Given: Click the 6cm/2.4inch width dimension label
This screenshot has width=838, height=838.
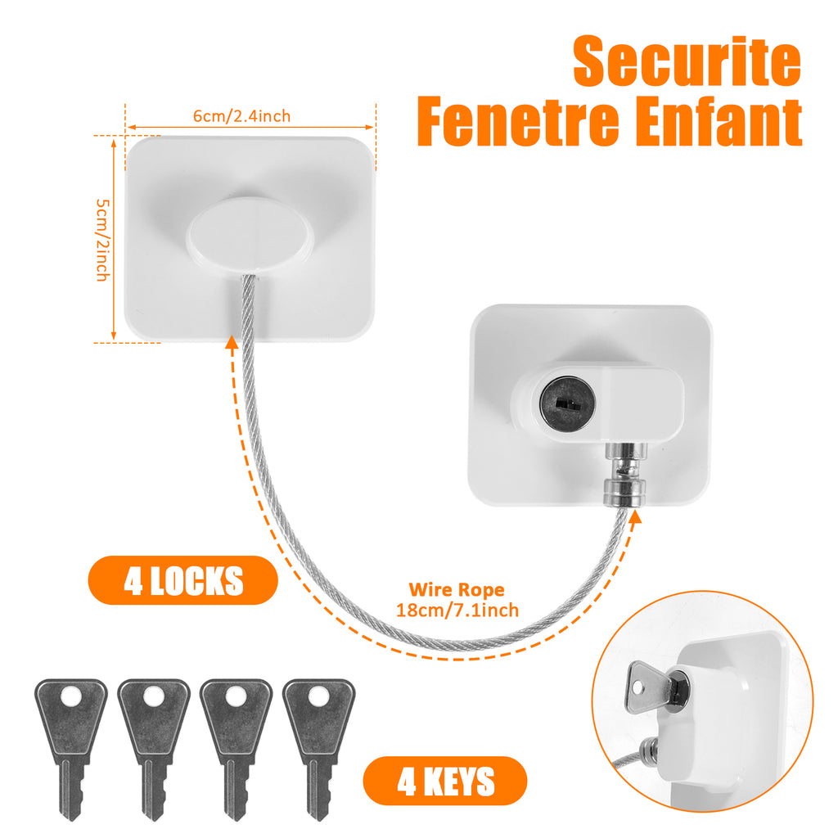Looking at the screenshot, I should pos(241,116).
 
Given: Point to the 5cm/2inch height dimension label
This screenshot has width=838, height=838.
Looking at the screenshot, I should pos(101,240).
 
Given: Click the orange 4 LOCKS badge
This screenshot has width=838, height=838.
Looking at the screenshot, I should pos(182,580).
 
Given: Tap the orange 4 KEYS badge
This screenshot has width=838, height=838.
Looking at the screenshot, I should pos(445,781).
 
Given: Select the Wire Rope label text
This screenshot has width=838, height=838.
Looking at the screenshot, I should pos(457,589).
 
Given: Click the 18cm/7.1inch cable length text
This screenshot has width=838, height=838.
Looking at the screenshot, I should pos(457,609).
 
